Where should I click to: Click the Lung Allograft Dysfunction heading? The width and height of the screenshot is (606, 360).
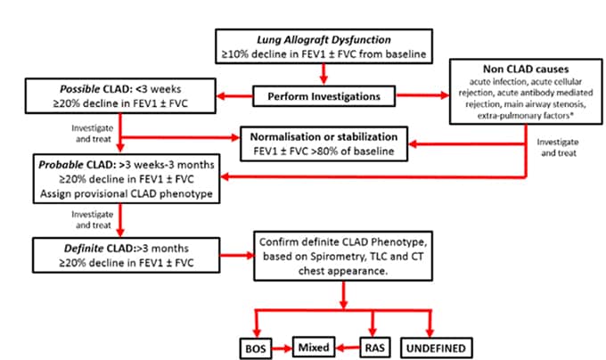325,38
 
